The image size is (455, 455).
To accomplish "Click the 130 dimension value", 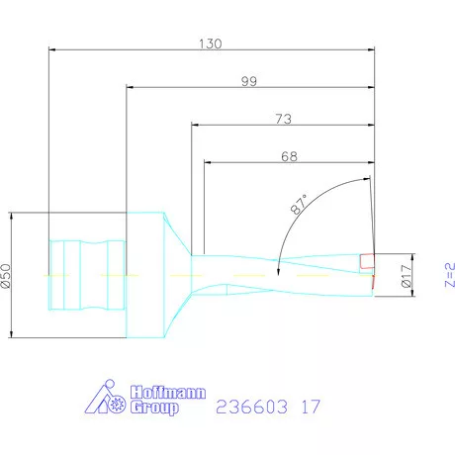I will tap(211, 44).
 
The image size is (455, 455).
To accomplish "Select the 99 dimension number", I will tap(249, 81).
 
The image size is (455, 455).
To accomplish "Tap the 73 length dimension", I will tap(283, 119).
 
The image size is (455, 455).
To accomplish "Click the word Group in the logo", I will tap(155, 409).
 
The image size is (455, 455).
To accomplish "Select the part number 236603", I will tap(247, 407).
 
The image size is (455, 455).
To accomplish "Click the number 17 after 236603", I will tap(310, 407).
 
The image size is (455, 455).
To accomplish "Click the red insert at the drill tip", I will tap(367, 261).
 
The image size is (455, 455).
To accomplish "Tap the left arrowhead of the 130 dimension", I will tap(52, 49).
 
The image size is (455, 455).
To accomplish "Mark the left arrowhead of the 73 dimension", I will tap(195, 125).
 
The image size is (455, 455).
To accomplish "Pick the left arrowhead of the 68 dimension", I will tap(208, 161).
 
